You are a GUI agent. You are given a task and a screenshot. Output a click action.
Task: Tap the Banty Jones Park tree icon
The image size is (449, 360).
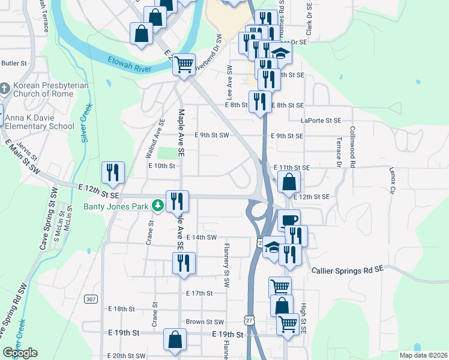158,206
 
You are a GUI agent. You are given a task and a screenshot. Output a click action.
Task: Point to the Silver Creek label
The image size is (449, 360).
86,122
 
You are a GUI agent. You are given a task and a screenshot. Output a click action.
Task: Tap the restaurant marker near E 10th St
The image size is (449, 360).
113,173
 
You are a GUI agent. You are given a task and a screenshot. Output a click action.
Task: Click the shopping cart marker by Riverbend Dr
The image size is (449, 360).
184,65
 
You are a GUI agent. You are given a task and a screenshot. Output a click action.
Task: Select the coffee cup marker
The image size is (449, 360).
289,221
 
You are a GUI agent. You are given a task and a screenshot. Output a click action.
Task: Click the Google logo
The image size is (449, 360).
20,353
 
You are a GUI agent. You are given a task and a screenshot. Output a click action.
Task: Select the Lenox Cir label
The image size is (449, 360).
393,181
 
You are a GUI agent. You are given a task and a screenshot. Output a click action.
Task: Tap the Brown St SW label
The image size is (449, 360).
205,322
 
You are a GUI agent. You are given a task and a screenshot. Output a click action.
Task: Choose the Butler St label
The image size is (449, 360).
14,63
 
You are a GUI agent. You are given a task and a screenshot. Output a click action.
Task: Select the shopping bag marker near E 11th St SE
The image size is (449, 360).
289,182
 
